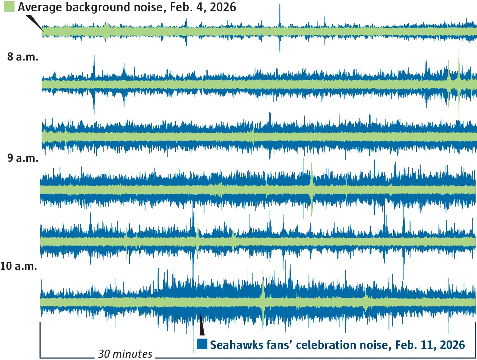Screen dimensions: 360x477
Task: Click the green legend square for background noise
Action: pos(9,7)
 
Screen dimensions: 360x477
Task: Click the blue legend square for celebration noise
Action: pos(202,344)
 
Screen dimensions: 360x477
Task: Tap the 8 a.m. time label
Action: pos(23,57)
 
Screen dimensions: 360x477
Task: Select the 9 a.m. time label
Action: pos(23,158)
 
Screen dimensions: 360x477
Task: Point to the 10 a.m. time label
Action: pos(19,266)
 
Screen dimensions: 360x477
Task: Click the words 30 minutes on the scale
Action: pos(125,354)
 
